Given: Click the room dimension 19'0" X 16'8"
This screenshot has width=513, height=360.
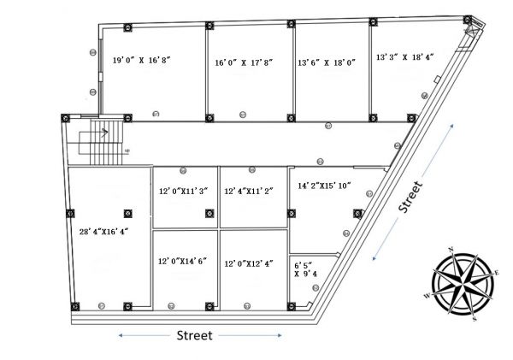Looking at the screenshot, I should (x=142, y=60).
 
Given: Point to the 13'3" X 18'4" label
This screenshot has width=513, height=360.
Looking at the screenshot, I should (x=405, y=57).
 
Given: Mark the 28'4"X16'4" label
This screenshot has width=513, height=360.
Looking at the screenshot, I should (x=97, y=231).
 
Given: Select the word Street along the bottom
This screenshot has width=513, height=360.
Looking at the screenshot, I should (x=193, y=335).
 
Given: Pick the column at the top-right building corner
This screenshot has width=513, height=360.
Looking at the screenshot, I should (x=468, y=20).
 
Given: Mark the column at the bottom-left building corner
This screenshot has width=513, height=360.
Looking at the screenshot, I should (x=75, y=305).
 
